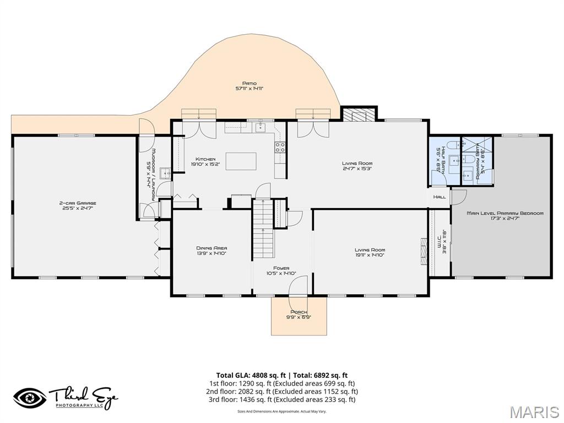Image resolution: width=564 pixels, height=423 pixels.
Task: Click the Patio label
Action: click(x=249, y=84)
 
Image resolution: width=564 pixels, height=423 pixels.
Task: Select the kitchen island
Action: click(x=241, y=161)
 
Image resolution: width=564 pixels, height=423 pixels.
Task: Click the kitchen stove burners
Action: click(x=280, y=147)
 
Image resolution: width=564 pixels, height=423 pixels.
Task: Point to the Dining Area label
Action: click(x=211, y=248)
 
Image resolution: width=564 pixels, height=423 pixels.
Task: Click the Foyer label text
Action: click(x=281, y=269)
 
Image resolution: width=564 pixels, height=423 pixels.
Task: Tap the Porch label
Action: click(x=298, y=312)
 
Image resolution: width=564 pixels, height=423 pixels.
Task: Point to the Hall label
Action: click(x=439, y=197)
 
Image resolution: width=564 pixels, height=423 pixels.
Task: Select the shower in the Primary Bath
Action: click(x=477, y=145)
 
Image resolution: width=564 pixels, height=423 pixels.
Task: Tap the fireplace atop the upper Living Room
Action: click(x=359, y=114)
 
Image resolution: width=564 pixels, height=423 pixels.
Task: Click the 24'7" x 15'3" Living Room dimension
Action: click(x=357, y=169)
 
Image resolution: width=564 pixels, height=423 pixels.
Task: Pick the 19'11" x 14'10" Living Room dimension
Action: click(x=370, y=256)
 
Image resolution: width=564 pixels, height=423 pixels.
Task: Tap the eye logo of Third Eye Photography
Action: click(x=31, y=398)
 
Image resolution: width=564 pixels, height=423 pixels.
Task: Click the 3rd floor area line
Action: click(x=281, y=400)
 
